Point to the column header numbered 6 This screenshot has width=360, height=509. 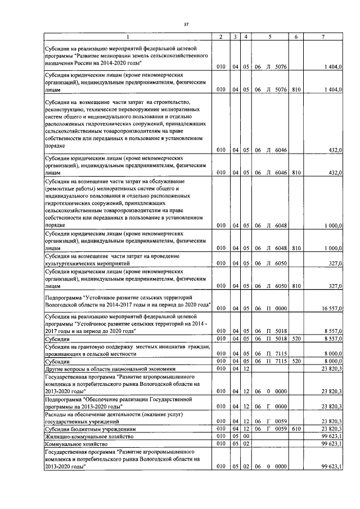pyautogui.click(x=296, y=37)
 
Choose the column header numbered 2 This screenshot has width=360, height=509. pyautogui.click(x=221, y=37)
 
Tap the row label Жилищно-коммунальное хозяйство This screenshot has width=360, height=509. pyautogui.click(x=89, y=436)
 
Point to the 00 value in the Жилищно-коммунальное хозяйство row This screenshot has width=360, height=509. pyautogui.click(x=246, y=436)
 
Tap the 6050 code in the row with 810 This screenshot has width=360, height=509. pyautogui.click(x=281, y=286)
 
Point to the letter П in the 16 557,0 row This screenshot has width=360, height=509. pyautogui.click(x=268, y=308)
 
